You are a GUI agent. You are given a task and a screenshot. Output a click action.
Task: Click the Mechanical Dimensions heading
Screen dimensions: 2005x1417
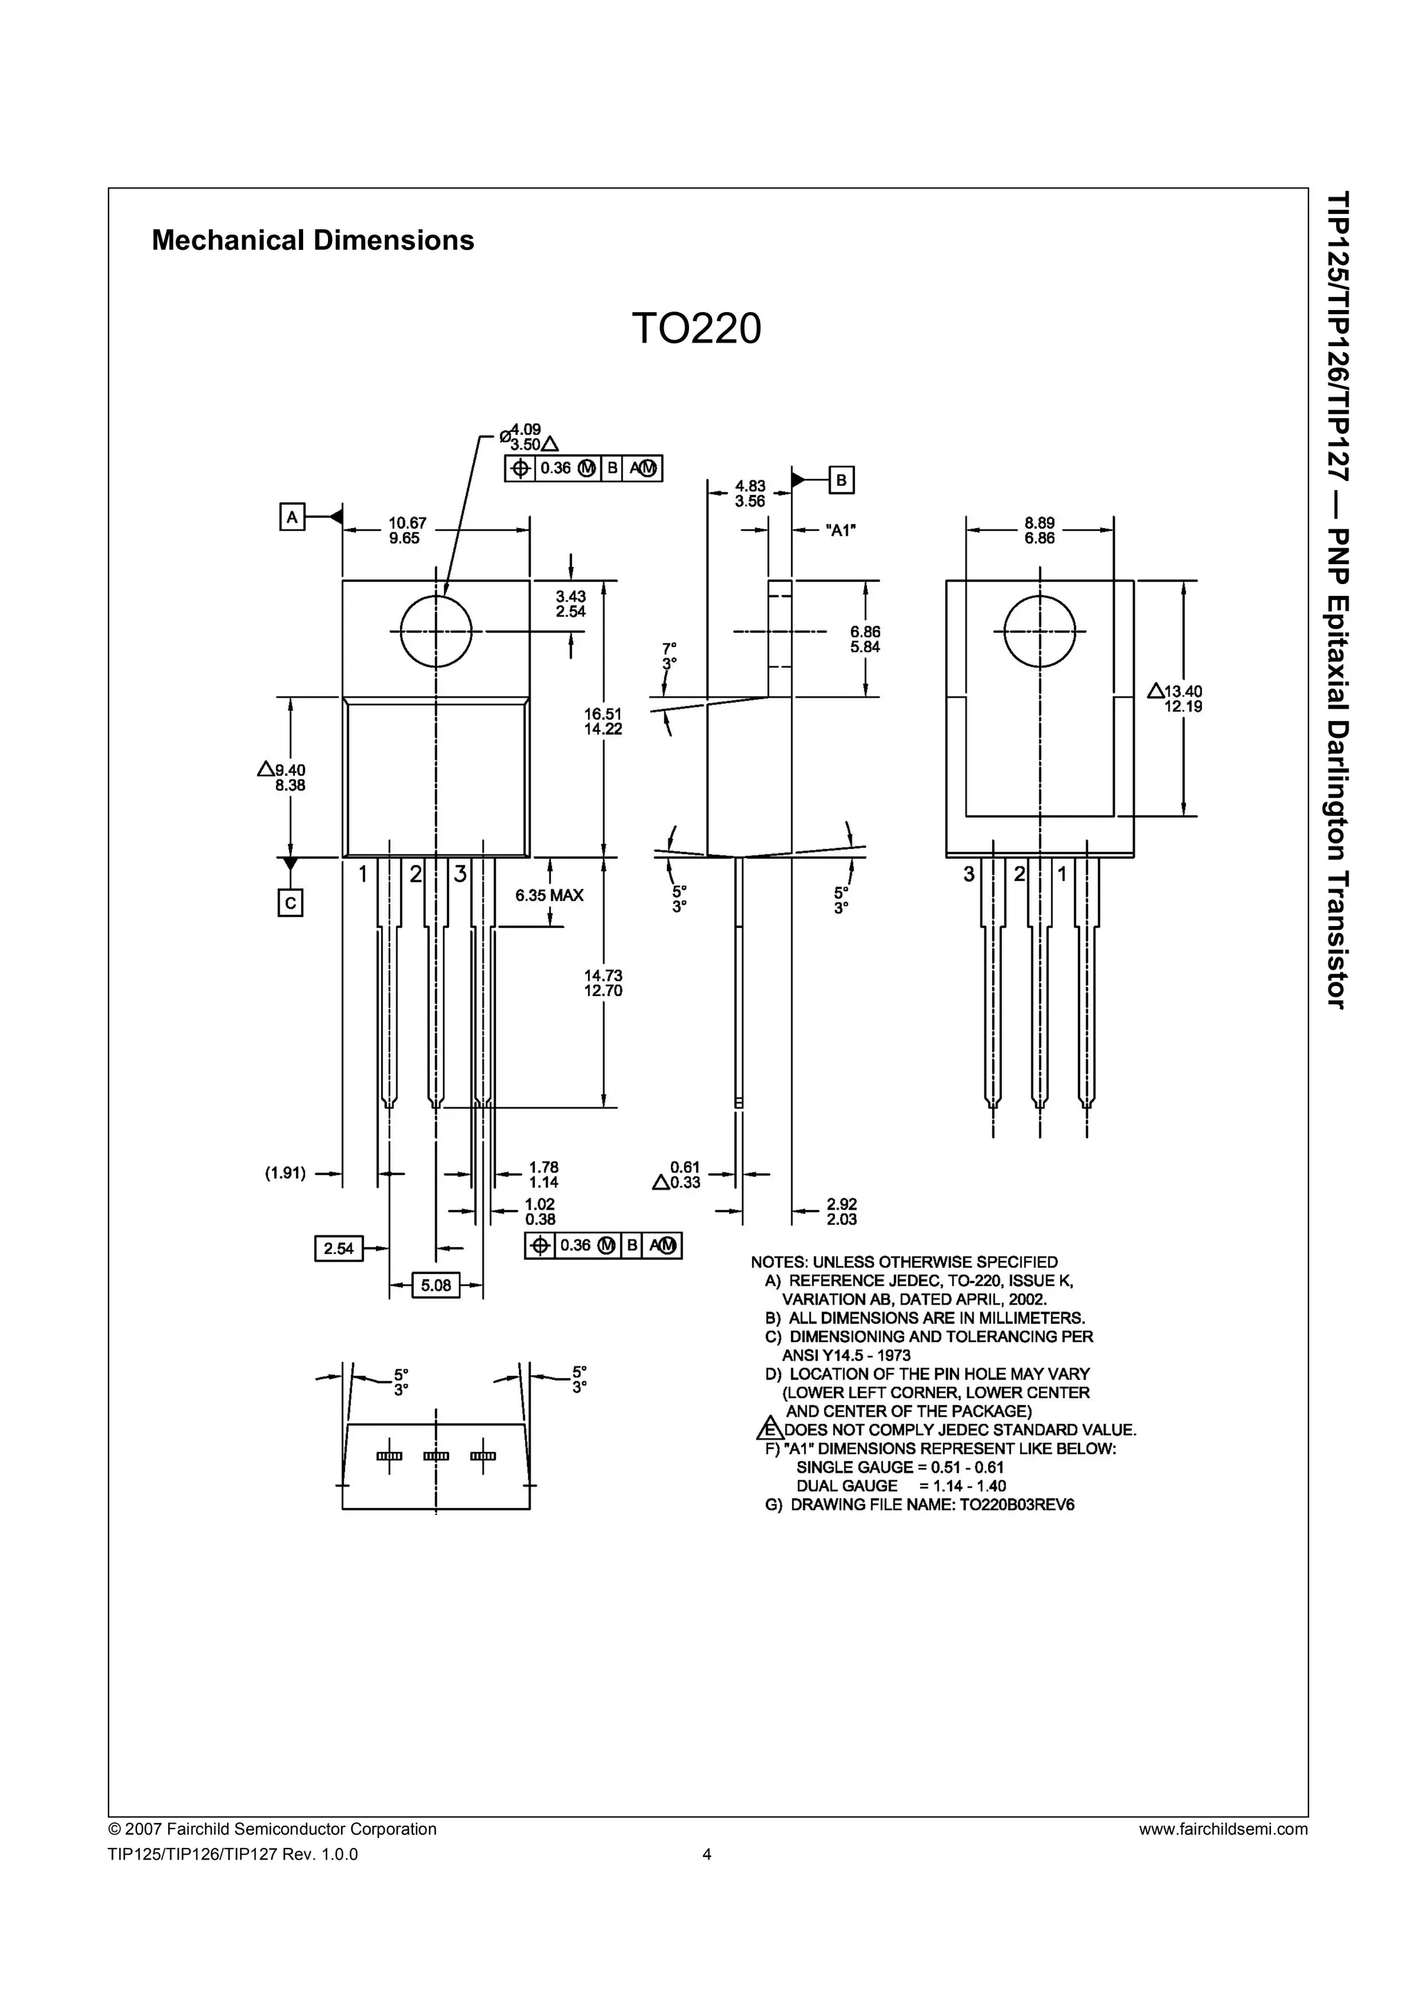click(x=313, y=240)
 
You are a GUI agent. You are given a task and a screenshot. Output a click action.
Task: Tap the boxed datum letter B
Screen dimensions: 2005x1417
click(x=841, y=480)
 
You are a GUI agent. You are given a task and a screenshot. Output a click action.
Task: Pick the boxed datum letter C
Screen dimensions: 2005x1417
click(x=290, y=902)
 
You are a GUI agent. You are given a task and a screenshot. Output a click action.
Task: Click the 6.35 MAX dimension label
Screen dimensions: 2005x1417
click(x=549, y=895)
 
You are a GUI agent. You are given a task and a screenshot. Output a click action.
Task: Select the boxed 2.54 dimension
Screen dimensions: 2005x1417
click(x=339, y=1249)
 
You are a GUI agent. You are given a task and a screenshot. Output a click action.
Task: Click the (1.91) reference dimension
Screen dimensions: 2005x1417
click(x=286, y=1174)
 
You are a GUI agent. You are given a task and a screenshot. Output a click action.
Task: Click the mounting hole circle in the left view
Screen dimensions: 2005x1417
click(x=436, y=630)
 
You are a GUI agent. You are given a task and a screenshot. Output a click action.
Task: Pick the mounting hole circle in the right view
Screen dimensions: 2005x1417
click(x=1040, y=630)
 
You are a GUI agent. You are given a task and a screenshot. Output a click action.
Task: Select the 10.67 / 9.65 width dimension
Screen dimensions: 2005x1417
click(x=404, y=531)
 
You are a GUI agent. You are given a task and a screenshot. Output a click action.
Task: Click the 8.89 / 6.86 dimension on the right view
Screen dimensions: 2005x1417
click(x=1040, y=531)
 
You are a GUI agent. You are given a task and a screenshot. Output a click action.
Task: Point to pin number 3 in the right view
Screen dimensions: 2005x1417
click(x=968, y=873)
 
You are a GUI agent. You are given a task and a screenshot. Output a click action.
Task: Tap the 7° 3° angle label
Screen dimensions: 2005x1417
click(x=669, y=656)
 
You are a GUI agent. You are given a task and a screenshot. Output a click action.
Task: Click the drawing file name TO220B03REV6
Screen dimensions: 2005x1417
click(x=1017, y=1505)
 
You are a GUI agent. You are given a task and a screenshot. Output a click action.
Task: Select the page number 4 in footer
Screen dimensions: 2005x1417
click(x=707, y=1855)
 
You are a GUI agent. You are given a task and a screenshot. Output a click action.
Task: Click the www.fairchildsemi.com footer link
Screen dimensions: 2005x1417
click(x=1223, y=1829)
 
